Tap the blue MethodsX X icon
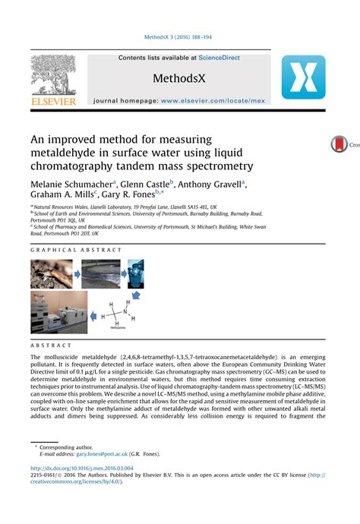[x=303, y=77]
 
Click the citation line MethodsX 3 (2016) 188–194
[x=179, y=36]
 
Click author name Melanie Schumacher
[x=71, y=184]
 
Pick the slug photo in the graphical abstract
[x=50, y=275]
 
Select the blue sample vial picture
[x=136, y=275]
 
